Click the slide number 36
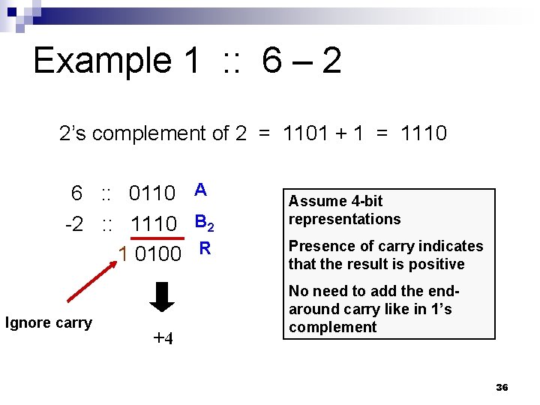pyautogui.click(x=502, y=387)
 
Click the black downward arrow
pyautogui.click(x=162, y=295)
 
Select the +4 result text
pyautogui.click(x=163, y=338)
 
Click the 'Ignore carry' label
pyautogui.click(x=49, y=323)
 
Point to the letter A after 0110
pyautogui.click(x=200, y=190)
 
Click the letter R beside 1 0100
pyautogui.click(x=203, y=248)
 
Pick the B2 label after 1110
pyautogui.click(x=205, y=223)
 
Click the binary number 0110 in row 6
pyautogui.click(x=152, y=193)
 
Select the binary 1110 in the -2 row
pyautogui.click(x=153, y=223)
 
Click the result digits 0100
pyautogui.click(x=158, y=254)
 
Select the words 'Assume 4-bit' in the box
pyautogui.click(x=335, y=201)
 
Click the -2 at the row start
pyautogui.click(x=74, y=223)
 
